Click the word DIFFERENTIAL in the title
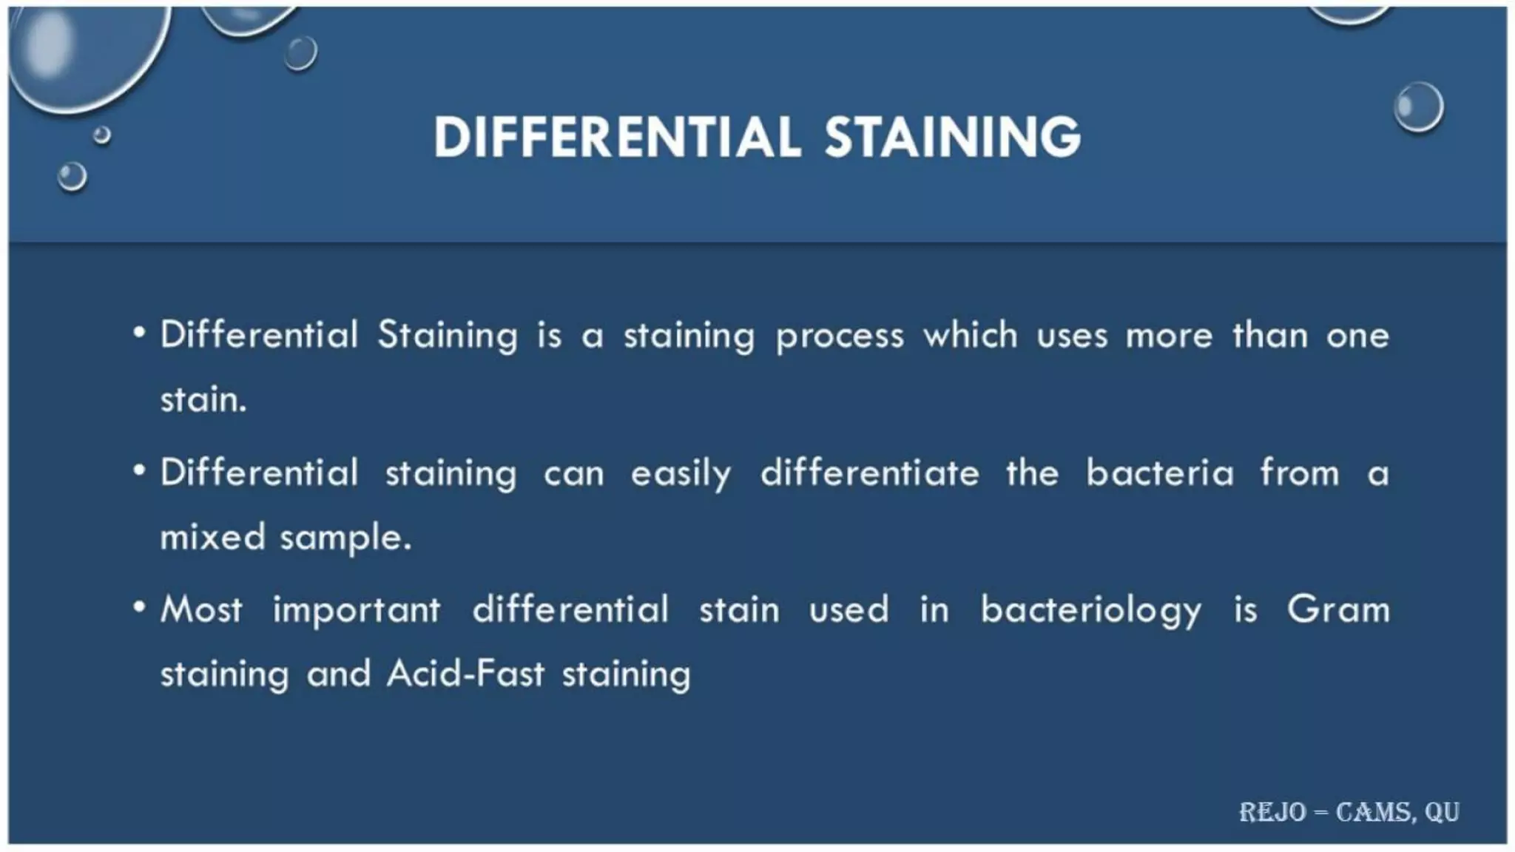click(617, 138)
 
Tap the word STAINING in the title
click(952, 138)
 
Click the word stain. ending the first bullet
click(203, 400)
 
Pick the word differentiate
click(870, 473)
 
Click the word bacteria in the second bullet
click(1160, 473)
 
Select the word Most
click(201, 610)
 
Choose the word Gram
click(1338, 610)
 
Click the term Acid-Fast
click(466, 674)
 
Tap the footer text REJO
click(1272, 812)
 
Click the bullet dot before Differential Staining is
click(139, 333)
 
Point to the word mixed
click(213, 537)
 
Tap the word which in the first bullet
click(970, 336)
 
